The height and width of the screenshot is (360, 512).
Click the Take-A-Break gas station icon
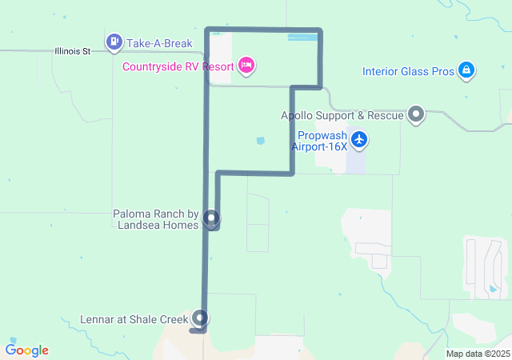114,41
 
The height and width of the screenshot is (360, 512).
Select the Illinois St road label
73,51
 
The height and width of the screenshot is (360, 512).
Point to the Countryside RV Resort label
178,66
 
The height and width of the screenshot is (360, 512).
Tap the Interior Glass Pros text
408,71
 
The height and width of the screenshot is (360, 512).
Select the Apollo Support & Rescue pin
416,115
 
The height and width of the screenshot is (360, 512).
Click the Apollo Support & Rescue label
342,115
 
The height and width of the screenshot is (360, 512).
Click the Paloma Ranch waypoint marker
211,218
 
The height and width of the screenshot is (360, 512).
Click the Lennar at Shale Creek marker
199,318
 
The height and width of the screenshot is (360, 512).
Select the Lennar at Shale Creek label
134,319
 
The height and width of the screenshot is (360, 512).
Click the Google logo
27,350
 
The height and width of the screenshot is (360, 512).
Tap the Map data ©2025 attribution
478,354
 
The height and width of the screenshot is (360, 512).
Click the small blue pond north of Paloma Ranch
260,141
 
